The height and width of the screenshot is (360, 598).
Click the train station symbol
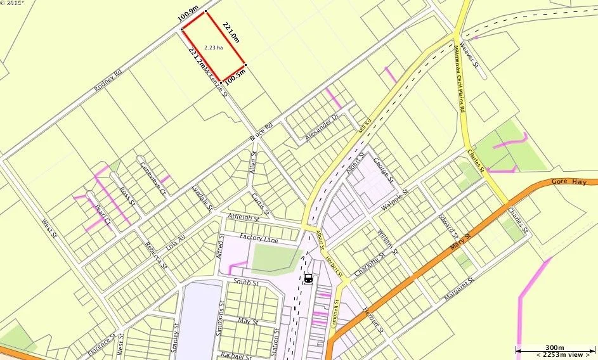pos(308,278)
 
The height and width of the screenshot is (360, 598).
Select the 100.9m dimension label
pos(188,15)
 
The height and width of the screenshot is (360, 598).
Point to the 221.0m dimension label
pos(230,30)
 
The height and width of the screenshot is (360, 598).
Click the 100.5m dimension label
pos(235,77)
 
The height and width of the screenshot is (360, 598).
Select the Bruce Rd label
pos(261,131)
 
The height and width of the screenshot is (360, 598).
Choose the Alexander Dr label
pos(322,127)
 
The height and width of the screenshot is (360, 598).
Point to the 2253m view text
pos(553,355)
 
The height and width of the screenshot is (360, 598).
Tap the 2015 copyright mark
pos(13,4)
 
